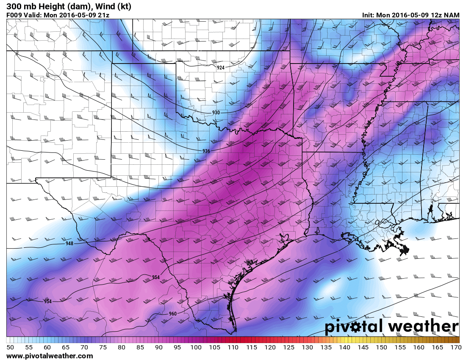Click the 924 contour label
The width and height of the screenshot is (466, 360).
click(x=221, y=68)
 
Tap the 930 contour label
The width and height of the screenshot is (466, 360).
click(x=216, y=112)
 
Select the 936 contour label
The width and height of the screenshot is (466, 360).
click(x=206, y=151)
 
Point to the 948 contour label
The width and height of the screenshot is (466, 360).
click(x=69, y=244)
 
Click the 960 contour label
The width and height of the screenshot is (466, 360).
click(x=172, y=314)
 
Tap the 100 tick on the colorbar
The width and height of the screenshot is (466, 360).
click(x=195, y=347)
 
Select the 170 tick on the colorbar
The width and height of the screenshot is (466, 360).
click(x=456, y=347)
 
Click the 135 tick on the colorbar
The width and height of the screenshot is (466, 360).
click(x=326, y=347)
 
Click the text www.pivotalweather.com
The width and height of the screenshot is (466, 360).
click(x=50, y=356)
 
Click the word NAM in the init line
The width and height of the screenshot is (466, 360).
click(x=452, y=15)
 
